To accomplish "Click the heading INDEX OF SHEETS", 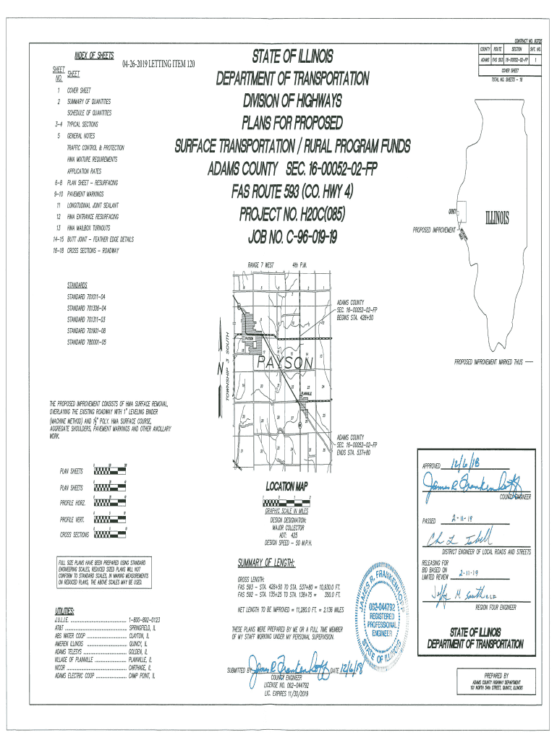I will pyautogui.click(x=94, y=56).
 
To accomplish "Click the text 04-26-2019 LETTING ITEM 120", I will pyautogui.click(x=159, y=65).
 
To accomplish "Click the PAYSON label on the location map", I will pyautogui.click(x=285, y=363).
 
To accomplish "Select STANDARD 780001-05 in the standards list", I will pyautogui.click(x=87, y=342).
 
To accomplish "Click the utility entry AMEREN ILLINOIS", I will pyautogui.click(x=70, y=642).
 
